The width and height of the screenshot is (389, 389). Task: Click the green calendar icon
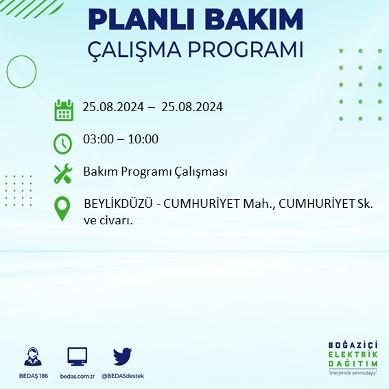click(64, 110)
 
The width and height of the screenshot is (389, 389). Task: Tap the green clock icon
click(62, 143)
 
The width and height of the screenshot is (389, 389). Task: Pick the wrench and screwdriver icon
click(63, 174)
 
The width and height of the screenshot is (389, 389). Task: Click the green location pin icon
click(63, 209)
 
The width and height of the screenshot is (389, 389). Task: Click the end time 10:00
click(143, 139)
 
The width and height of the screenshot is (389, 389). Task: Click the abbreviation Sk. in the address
click(364, 204)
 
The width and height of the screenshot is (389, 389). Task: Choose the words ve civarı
click(108, 221)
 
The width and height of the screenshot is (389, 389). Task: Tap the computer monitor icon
click(77, 357)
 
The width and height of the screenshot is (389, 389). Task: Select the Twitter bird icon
click(122, 357)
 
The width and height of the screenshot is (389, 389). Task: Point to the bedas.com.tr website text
click(77, 376)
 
